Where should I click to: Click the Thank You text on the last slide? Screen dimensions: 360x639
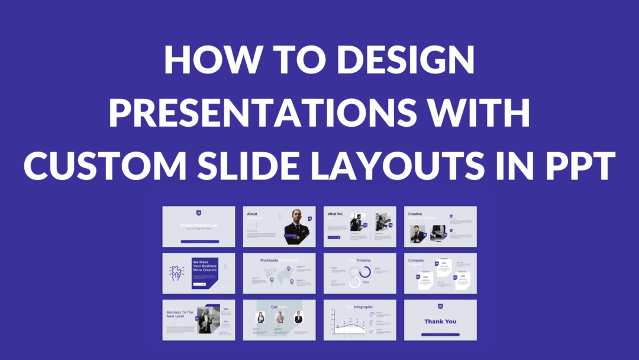440,322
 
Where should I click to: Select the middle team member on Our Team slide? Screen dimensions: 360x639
279,318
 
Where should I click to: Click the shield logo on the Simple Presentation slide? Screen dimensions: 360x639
199,213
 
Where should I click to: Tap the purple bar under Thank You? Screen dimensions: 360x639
440,335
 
